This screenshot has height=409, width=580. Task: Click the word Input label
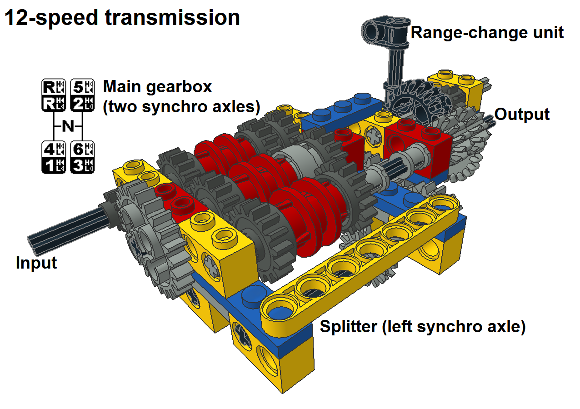(36, 263)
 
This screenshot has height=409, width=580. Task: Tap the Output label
(522, 115)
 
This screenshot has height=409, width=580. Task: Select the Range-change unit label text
(487, 33)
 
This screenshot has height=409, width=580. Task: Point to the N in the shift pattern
(68, 126)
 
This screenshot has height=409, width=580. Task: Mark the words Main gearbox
(157, 87)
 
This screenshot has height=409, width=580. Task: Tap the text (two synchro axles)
(181, 107)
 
